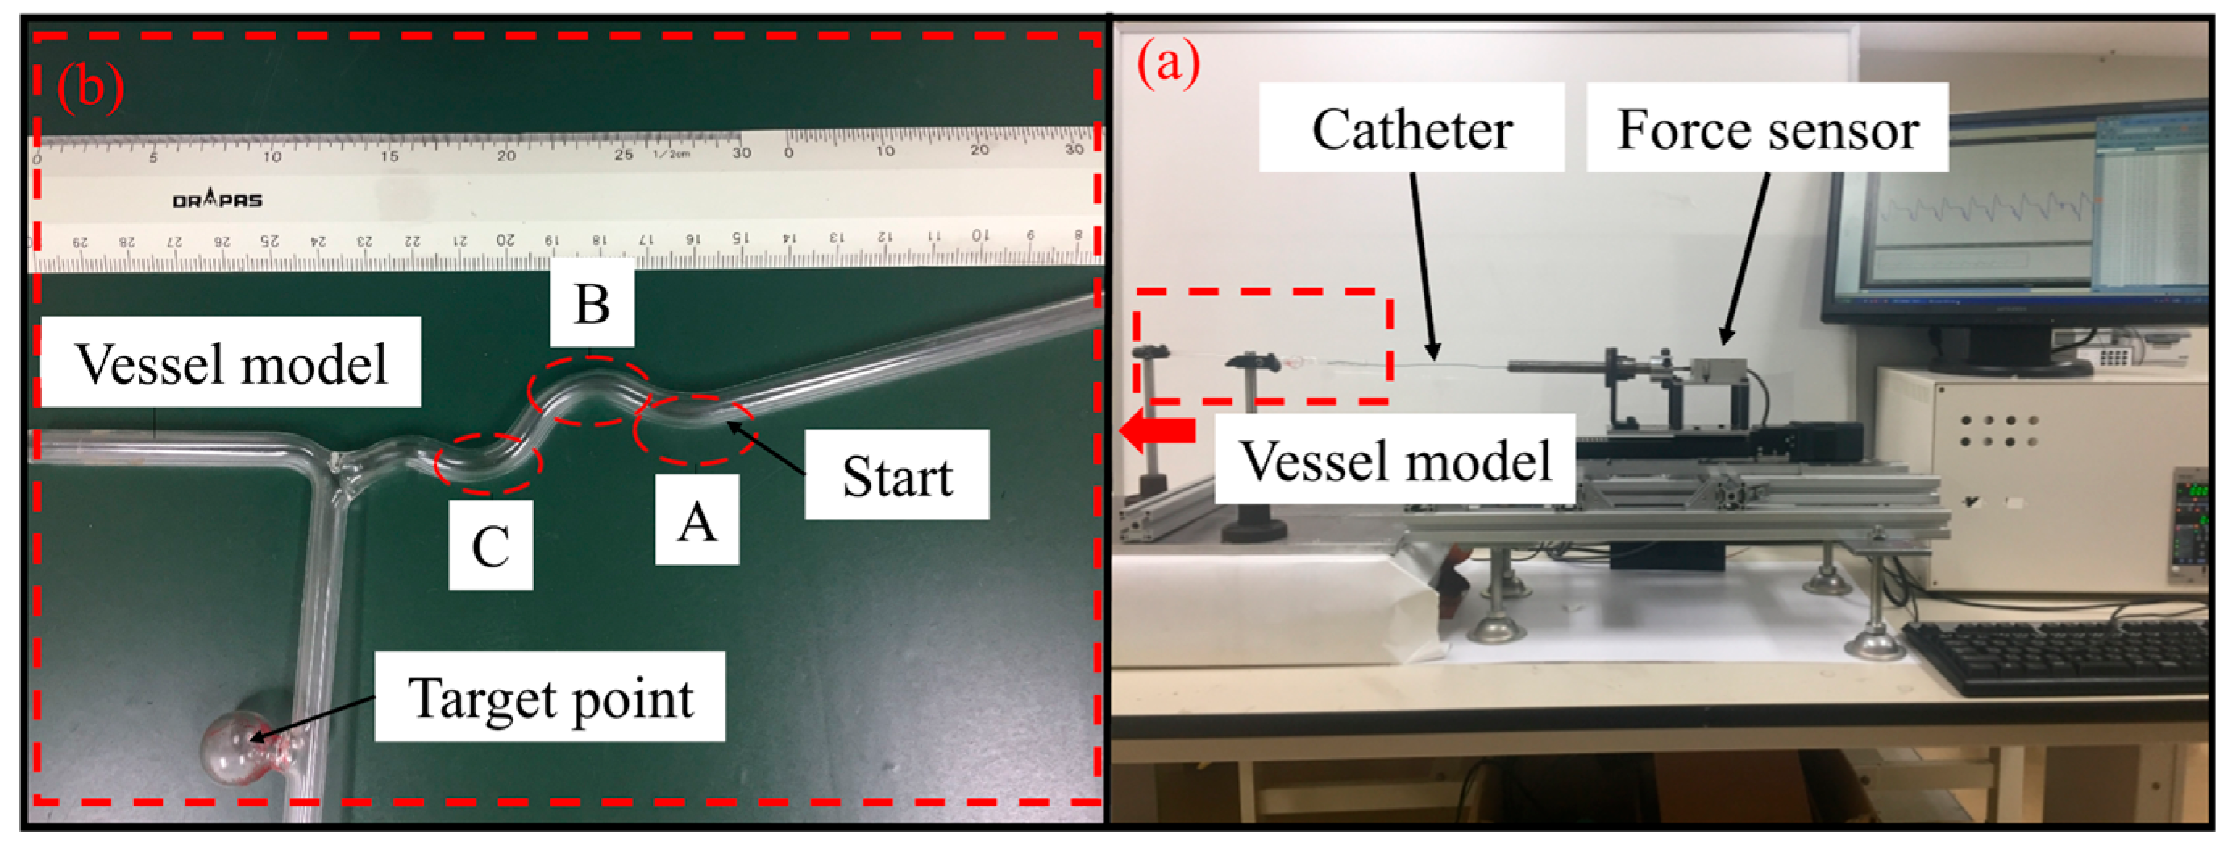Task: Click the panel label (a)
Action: [x=1168, y=63]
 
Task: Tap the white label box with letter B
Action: [x=592, y=304]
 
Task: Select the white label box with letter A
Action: [x=696, y=520]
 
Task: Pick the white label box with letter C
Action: [x=490, y=545]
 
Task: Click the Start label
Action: [x=897, y=475]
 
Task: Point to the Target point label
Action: [x=550, y=697]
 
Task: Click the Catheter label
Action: [x=1411, y=129]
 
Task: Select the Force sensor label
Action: [x=1767, y=129]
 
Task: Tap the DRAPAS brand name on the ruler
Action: [x=217, y=200]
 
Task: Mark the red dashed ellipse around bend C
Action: [x=488, y=463]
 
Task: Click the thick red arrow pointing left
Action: [x=1158, y=429]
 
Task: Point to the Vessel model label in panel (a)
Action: [x=1395, y=460]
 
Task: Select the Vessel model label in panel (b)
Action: [x=231, y=363]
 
